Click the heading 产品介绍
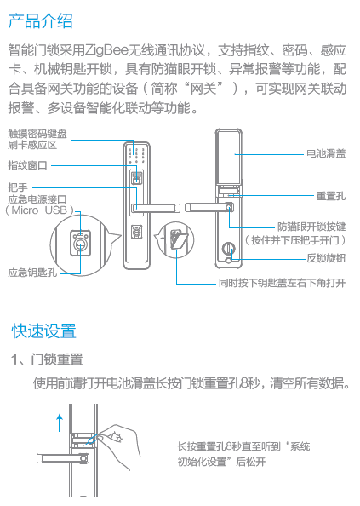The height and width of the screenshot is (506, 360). point(41,21)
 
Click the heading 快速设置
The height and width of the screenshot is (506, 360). point(44,331)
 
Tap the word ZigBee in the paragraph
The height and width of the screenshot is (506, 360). point(106,50)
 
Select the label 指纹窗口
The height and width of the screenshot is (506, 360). point(28,165)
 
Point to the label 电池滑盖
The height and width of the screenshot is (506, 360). point(326,153)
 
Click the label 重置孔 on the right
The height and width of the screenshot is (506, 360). point(331,196)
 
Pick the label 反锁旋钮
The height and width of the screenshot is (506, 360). point(326,258)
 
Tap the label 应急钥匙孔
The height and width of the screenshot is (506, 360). point(32,273)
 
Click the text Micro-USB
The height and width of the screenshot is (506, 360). point(39,210)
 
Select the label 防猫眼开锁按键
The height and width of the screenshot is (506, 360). point(311,227)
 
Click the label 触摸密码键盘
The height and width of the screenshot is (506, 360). point(37,134)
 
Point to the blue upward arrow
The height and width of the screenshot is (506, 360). point(60,423)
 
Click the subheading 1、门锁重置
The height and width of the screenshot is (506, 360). point(47,359)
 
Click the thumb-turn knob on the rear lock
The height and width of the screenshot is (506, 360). point(228,249)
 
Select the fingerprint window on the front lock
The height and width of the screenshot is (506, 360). point(137,177)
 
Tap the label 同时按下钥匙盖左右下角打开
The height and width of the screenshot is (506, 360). point(282,283)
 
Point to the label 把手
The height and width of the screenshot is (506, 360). point(18,187)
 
